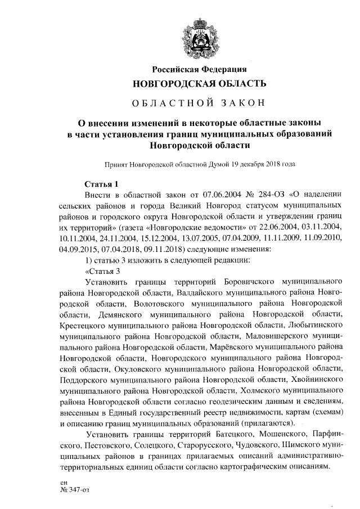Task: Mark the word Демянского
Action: (x=112, y=313)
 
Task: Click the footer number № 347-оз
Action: (x=75, y=489)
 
